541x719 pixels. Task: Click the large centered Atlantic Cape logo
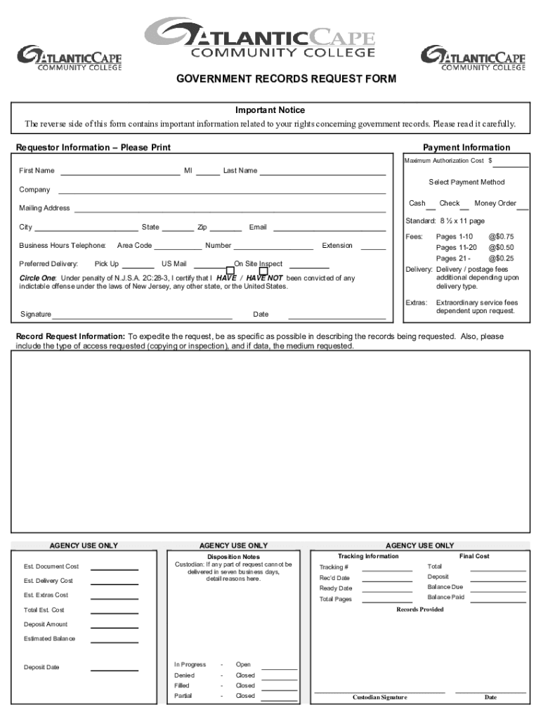(260, 39)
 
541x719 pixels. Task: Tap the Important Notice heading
(270, 110)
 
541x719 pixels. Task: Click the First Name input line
(120, 171)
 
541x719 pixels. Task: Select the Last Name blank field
(322, 171)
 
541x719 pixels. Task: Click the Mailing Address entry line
(230, 209)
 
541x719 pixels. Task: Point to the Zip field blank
(226, 227)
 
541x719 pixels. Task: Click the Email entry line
(329, 227)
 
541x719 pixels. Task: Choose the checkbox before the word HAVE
(230, 271)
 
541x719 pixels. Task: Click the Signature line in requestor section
(132, 315)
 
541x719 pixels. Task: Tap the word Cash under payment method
(417, 204)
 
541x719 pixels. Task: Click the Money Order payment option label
(495, 204)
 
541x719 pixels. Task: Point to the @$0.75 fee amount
(501, 237)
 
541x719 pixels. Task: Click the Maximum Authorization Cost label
(444, 161)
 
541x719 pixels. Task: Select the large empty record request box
(270, 441)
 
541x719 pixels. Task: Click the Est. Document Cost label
(51, 567)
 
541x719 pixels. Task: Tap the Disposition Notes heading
(233, 557)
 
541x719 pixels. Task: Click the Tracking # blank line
(387, 568)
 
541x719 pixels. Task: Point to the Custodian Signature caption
(379, 697)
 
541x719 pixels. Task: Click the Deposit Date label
(41, 668)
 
